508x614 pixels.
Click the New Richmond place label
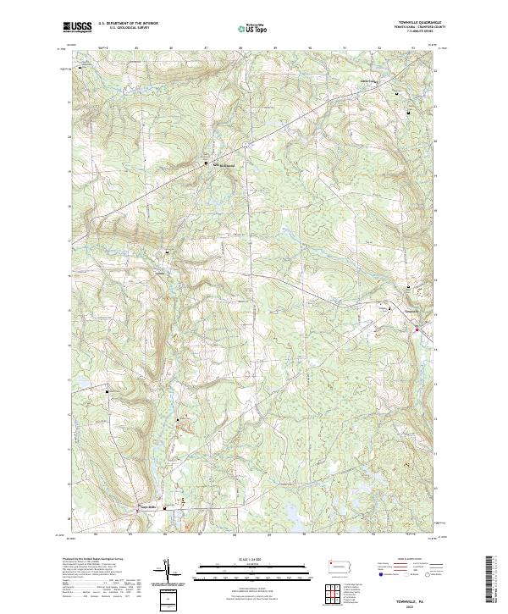(223, 166)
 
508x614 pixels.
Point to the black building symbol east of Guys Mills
(165, 508)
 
